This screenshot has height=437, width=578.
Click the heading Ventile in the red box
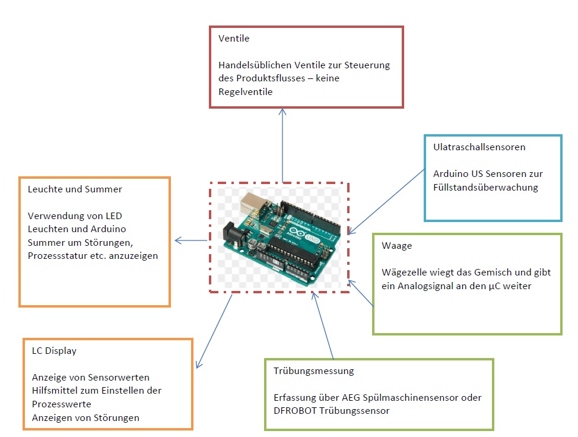click(234, 39)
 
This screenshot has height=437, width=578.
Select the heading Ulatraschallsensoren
click(479, 147)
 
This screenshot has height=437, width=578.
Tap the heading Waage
click(396, 245)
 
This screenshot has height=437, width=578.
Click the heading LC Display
click(54, 350)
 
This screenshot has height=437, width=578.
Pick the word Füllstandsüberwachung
click(485, 187)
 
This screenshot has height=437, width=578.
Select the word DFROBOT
click(295, 410)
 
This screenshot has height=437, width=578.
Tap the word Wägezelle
click(403, 272)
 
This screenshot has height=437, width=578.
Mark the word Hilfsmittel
click(54, 390)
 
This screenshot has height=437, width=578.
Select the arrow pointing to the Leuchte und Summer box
click(191, 240)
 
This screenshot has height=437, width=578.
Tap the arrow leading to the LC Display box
click(214, 330)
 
